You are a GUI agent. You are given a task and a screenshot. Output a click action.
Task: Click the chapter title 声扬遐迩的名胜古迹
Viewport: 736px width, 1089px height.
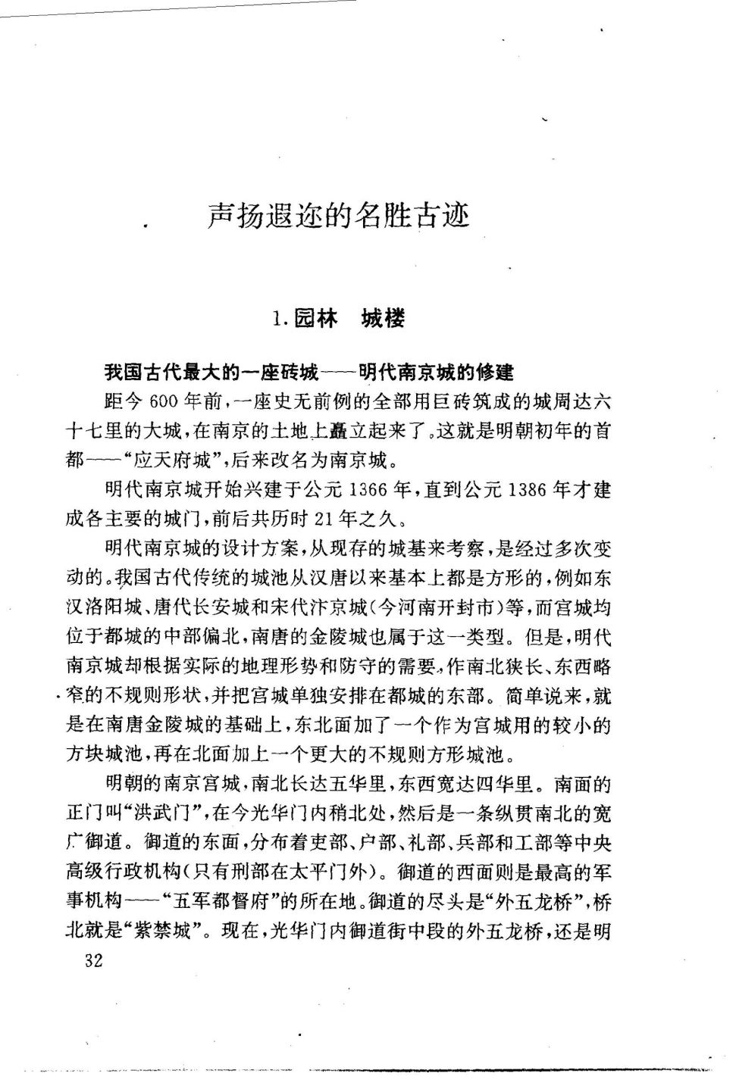point(339,216)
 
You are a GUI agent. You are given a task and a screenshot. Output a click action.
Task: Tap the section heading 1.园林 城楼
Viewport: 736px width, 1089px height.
point(338,318)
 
